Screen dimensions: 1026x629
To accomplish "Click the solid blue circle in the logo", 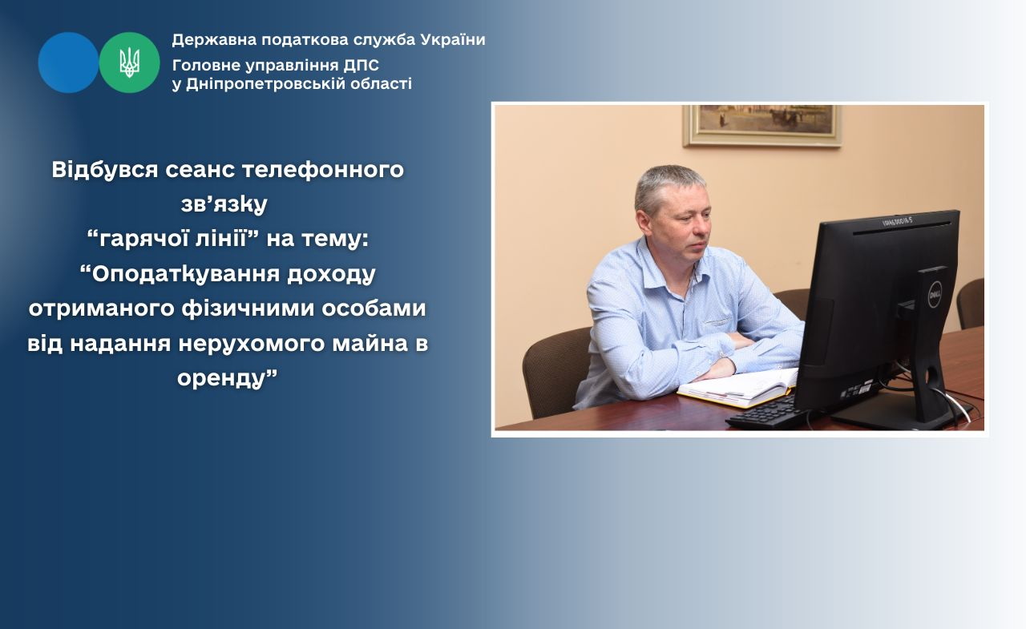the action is (68, 62).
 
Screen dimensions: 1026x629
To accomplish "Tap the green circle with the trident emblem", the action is (130, 62).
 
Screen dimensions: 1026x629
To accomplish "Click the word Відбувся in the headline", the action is (105, 169).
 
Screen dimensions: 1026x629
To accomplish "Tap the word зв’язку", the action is (224, 204).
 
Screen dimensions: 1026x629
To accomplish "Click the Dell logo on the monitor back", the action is (935, 295).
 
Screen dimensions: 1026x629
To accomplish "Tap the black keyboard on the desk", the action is (769, 413).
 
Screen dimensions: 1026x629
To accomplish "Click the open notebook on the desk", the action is (739, 388).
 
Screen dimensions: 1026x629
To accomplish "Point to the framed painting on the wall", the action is (761, 126).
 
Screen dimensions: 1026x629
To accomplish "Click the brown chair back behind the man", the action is (556, 369).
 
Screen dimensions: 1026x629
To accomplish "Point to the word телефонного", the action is (323, 171).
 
